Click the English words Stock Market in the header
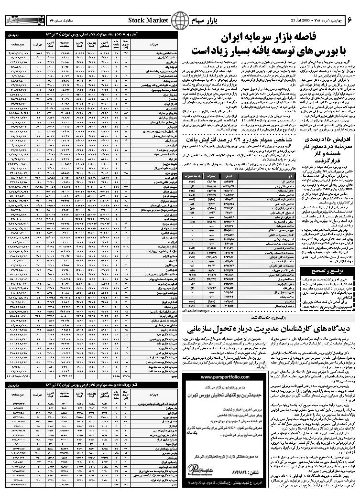coord(148,20)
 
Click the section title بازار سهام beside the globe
coord(203,21)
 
